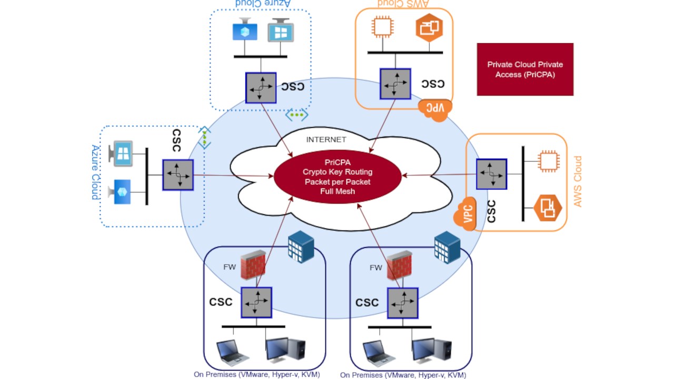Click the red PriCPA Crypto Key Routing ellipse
click(338, 177)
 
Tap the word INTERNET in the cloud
click(326, 139)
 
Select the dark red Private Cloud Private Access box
click(525, 69)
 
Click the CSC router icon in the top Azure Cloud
click(261, 88)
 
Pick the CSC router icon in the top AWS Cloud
click(395, 84)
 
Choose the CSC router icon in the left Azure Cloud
click(178, 175)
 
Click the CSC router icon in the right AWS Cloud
click(491, 174)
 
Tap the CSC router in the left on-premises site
click(256, 302)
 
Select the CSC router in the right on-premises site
click(403, 303)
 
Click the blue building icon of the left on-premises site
click(301, 247)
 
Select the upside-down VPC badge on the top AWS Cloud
click(435, 109)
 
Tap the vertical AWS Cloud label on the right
click(578, 182)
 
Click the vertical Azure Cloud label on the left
click(95, 172)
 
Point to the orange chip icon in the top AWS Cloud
click(383, 27)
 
